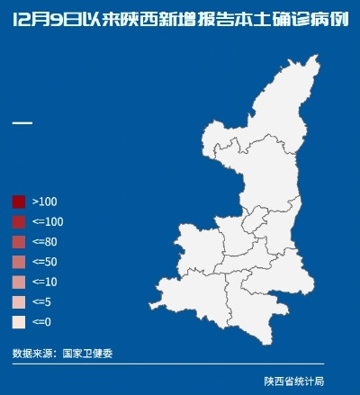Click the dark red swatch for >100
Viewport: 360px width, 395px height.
pyautogui.click(x=18, y=202)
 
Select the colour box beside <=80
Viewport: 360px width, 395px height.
pyautogui.click(x=18, y=241)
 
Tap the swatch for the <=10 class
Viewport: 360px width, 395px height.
pyautogui.click(x=18, y=282)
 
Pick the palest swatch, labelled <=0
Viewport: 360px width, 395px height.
pyautogui.click(x=18, y=321)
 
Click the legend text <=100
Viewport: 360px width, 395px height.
pyautogui.click(x=48, y=221)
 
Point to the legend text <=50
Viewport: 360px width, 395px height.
pyautogui.click(x=45, y=262)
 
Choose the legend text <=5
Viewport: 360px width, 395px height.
pyautogui.click(x=41, y=301)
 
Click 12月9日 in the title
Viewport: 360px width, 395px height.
pyautogui.click(x=45, y=21)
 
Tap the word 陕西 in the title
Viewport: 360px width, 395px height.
pyautogui.click(x=144, y=21)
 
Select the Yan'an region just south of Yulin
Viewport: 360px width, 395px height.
pyautogui.click(x=247, y=175)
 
